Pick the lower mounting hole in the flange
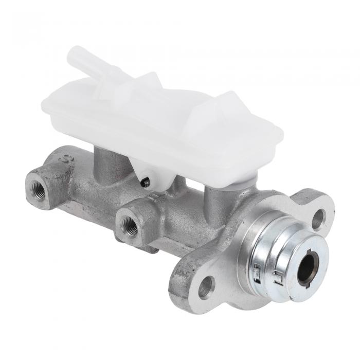(x=206, y=286)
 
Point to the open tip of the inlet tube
(x=73, y=55)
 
